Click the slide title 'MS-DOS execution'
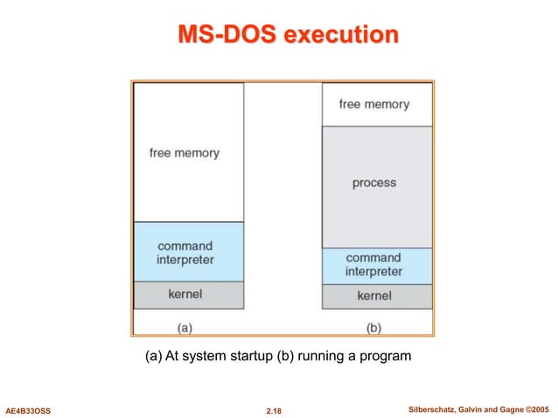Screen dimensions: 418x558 [288, 36]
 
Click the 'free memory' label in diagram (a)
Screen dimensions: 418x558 [185, 153]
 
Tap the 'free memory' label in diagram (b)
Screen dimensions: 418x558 [373, 104]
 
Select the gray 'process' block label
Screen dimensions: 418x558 [373, 183]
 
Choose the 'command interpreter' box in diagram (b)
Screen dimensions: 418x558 [373, 266]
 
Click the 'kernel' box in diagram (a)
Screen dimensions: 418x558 [185, 294]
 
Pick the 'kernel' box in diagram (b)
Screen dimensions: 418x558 [374, 296]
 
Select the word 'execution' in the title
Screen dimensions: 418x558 [342, 36]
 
